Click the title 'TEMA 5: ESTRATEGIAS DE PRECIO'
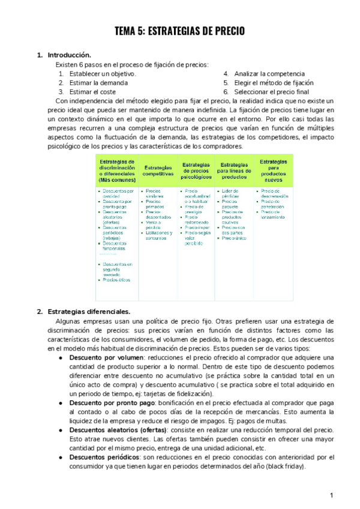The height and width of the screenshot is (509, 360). click(x=180, y=32)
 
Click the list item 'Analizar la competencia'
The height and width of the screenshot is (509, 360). click(x=269, y=74)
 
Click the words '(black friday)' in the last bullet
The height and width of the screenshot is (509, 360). click(x=285, y=466)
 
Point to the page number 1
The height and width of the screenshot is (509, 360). click(x=331, y=495)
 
